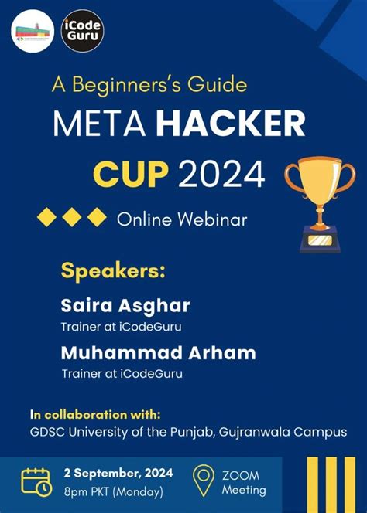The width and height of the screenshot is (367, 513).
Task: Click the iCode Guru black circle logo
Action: point(82,31)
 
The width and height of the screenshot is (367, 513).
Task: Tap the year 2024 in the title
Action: point(222,175)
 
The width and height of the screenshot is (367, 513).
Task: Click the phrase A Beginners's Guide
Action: point(149,83)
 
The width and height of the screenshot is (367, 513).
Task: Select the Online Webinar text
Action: point(182,219)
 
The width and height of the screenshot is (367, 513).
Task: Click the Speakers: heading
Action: point(113,271)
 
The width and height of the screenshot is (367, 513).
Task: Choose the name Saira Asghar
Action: point(125,305)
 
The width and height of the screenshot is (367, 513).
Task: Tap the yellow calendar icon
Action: point(37,480)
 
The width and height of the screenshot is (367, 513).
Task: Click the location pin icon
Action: point(204,481)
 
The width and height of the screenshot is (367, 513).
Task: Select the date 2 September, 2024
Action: point(118,472)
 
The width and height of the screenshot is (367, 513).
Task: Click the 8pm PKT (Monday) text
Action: point(114,491)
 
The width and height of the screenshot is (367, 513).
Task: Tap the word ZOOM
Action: point(241,474)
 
